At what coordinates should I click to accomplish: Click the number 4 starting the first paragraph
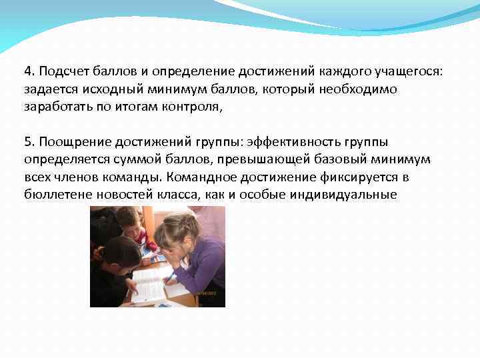(x=27, y=70)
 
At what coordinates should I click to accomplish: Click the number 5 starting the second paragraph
(x=27, y=143)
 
